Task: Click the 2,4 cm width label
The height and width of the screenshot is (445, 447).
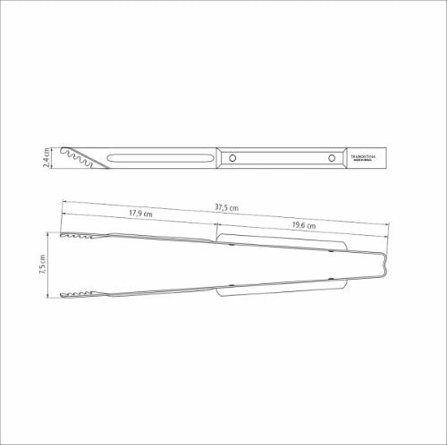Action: pos(46,159)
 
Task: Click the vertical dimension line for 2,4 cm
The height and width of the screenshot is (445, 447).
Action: pos(55,159)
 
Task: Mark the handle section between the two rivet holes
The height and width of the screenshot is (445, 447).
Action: pos(282,158)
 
